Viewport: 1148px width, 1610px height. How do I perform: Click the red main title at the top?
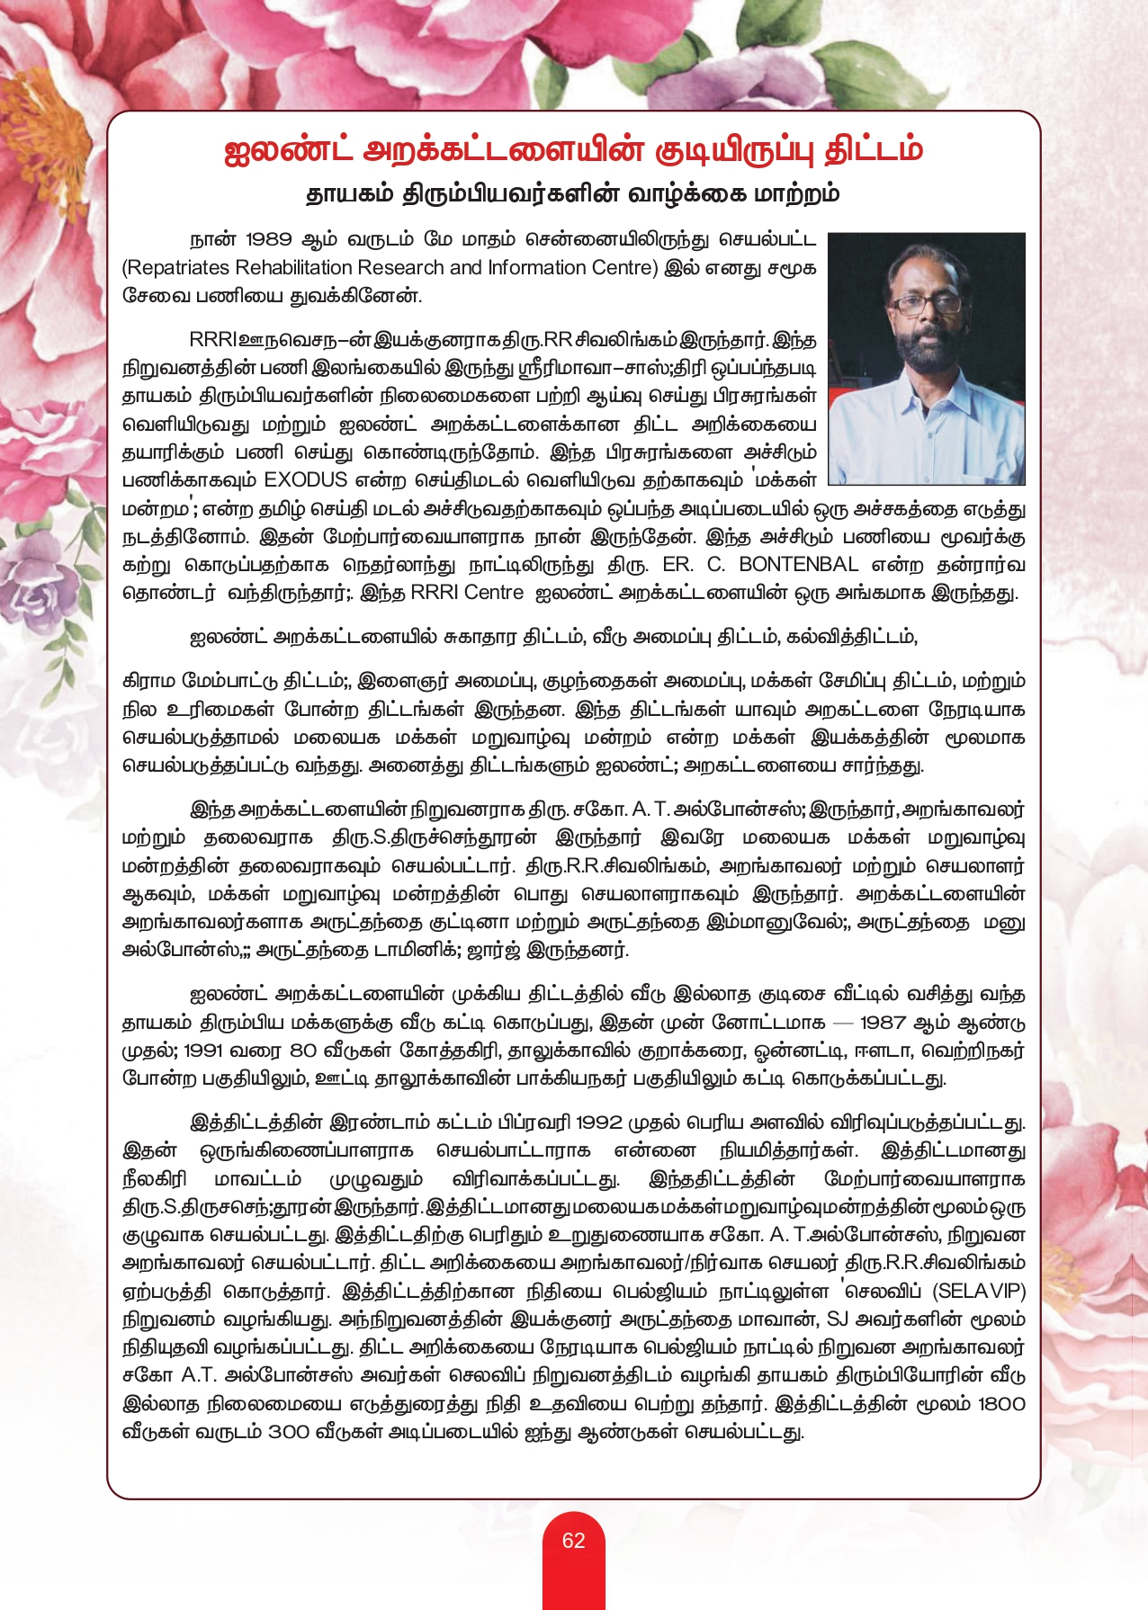click(573, 150)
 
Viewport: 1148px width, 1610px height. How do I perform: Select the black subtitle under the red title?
click(573, 193)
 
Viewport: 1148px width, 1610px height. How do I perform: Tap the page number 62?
click(573, 1541)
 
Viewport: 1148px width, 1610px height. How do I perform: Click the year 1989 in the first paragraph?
click(268, 239)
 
